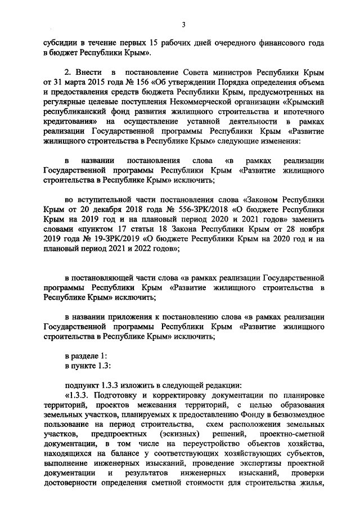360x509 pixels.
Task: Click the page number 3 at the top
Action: pyautogui.click(x=183, y=23)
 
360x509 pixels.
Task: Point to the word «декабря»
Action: pyautogui.click(x=104, y=209)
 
